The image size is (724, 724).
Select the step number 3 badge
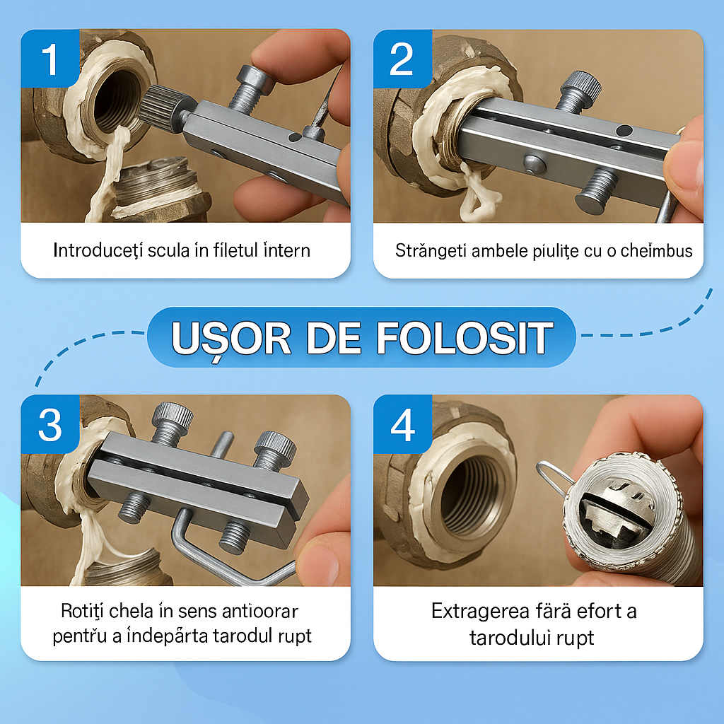[x=50, y=424]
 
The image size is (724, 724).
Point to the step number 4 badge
[x=402, y=424]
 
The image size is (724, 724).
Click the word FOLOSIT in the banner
[x=465, y=338]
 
